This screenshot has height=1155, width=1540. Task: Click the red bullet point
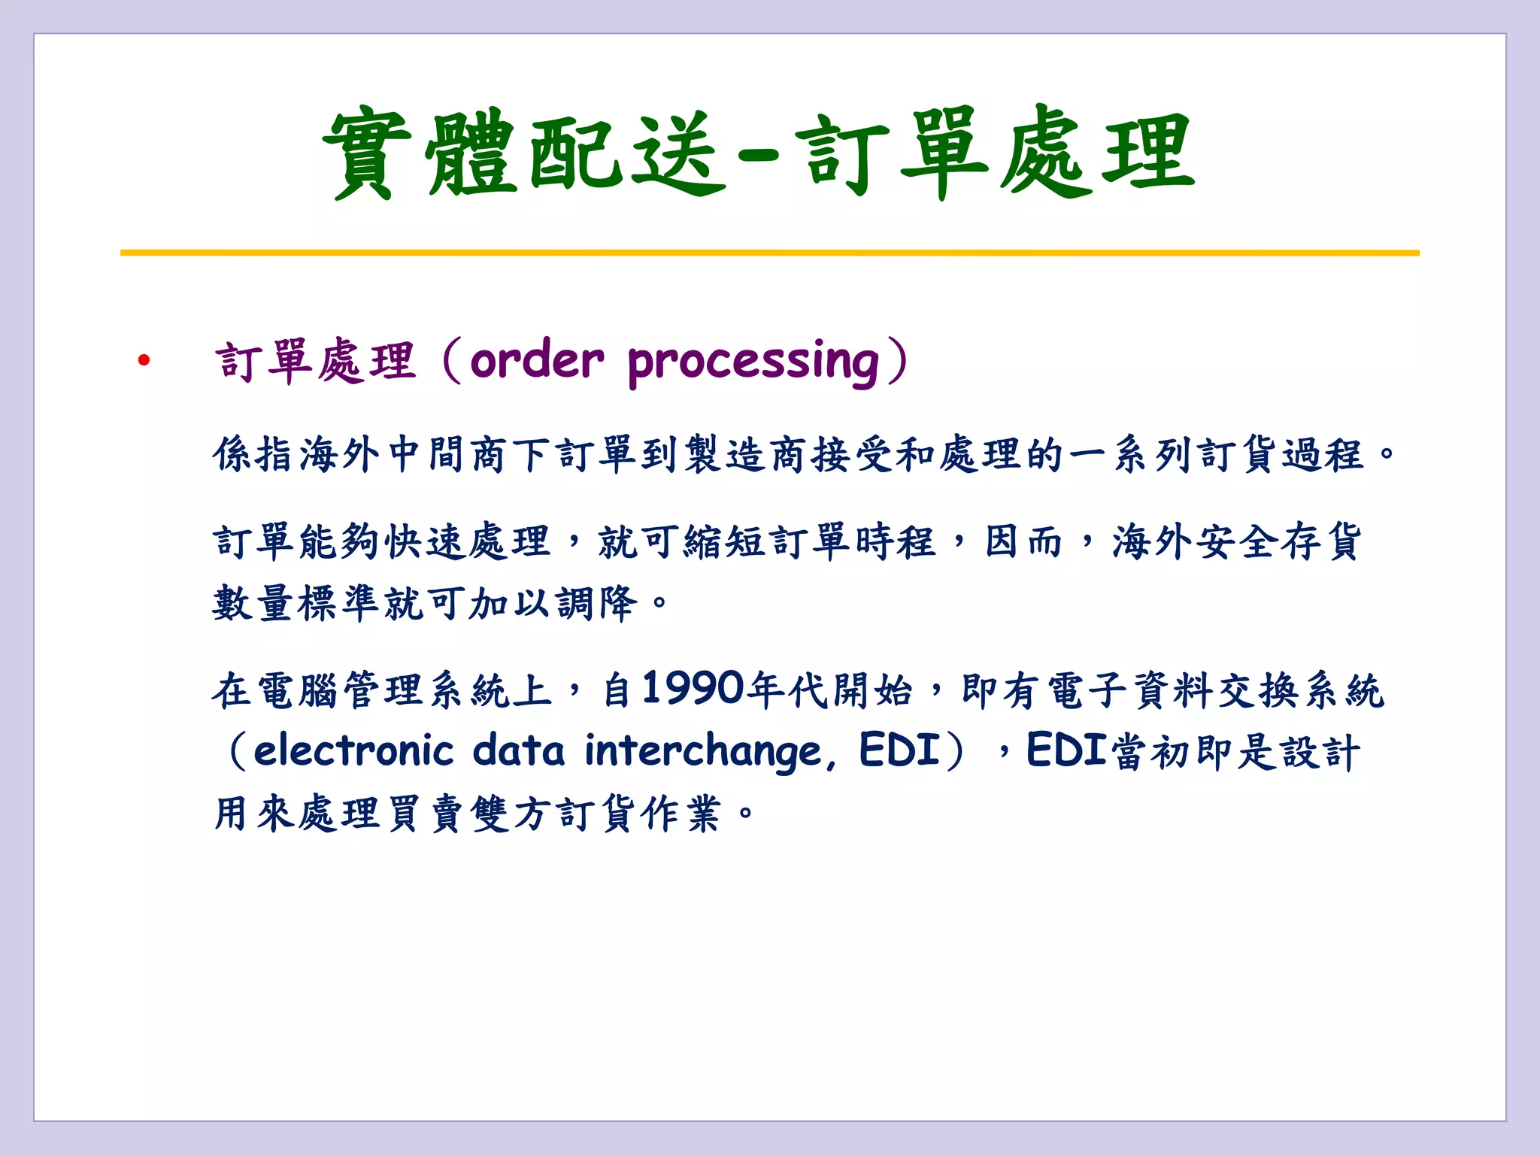click(144, 362)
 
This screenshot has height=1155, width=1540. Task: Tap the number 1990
click(693, 688)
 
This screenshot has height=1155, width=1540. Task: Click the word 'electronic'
click(353, 751)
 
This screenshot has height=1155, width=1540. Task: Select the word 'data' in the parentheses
click(519, 751)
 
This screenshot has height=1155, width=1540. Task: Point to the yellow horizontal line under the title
click(769, 253)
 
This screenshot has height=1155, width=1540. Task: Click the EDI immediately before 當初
click(1066, 750)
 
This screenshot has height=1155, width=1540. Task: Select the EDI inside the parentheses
click(899, 750)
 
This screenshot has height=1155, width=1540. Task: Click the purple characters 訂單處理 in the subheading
click(315, 362)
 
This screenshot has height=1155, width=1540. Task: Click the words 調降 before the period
click(597, 603)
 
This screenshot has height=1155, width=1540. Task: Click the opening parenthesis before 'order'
click(451, 362)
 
